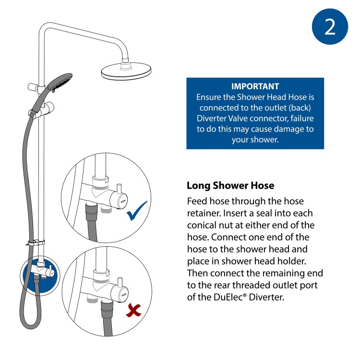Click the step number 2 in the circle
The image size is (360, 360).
click(x=330, y=27)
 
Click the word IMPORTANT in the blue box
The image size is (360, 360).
click(x=255, y=87)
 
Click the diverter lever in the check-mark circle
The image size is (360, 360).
click(x=119, y=185)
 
